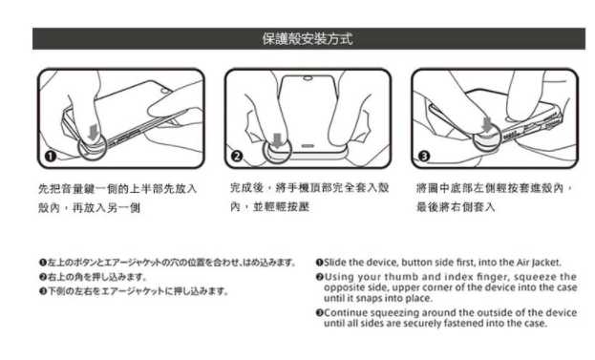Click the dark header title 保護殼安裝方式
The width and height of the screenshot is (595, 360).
click(x=308, y=39)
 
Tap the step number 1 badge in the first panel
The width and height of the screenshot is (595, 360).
click(x=51, y=157)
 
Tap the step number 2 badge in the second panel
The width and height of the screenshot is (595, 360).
click(x=237, y=157)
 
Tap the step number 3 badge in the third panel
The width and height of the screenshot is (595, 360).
click(x=424, y=156)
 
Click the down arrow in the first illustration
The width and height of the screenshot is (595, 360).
click(x=93, y=133)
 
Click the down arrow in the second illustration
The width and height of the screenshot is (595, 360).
click(x=278, y=140)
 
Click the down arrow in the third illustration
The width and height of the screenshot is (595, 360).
click(x=487, y=125)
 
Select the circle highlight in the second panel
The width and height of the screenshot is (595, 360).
click(x=264, y=150)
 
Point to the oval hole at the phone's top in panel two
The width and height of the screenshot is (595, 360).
click(x=308, y=79)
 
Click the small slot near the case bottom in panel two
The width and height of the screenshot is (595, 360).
click(x=308, y=146)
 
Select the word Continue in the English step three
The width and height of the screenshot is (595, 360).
click(x=346, y=312)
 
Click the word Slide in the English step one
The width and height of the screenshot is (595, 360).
click(x=334, y=263)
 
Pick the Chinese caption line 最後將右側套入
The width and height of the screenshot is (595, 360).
click(x=456, y=207)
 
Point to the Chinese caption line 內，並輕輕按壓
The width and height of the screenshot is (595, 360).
click(x=269, y=207)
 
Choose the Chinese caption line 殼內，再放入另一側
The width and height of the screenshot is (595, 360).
click(x=89, y=207)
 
